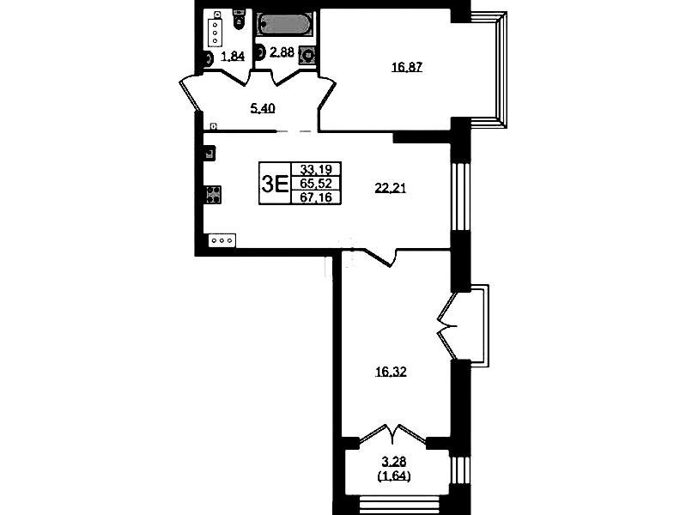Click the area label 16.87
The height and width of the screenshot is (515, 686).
pos(406,67)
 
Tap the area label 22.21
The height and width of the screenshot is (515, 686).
pos(391,188)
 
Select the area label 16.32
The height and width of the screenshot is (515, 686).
pos(391,372)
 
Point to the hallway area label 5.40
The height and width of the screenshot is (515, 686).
pos(263,108)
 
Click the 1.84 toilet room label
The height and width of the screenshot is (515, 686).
pos(233,56)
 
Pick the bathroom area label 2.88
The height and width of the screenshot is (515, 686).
pos(282,52)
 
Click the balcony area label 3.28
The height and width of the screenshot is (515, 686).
pos(394,461)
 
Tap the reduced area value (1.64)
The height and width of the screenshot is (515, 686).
pos(394,476)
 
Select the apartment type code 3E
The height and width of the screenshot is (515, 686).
pos(275,184)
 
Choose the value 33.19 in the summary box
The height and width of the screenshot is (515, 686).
pos(316,169)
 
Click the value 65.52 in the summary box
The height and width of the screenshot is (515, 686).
pos(316,183)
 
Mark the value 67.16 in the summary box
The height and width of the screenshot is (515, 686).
pos(316,197)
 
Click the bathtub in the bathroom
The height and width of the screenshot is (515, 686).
pos(282,24)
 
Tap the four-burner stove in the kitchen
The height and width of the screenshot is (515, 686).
pos(214,195)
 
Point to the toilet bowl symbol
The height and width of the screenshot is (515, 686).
pos(239,20)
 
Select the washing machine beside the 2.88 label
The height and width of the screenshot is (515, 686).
pos(307,56)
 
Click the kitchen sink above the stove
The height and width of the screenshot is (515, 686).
pos(210,153)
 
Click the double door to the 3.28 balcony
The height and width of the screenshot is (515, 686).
pos(392,434)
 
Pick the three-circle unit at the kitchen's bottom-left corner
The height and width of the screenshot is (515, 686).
pos(222,240)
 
